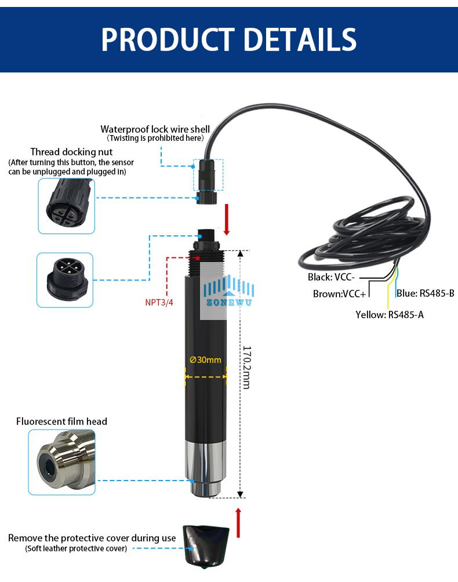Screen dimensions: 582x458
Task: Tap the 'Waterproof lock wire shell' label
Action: pyautogui.click(x=155, y=129)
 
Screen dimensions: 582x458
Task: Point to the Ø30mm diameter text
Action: pyautogui.click(x=205, y=359)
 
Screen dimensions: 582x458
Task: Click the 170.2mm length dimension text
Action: pyautogui.click(x=246, y=368)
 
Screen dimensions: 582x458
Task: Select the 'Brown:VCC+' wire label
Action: pyautogui.click(x=339, y=294)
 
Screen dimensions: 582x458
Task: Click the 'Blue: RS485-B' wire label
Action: pyautogui.click(x=425, y=293)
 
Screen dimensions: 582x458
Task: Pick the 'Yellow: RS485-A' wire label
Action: pyautogui.click(x=389, y=315)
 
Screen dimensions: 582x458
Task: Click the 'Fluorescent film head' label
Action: pyautogui.click(x=61, y=421)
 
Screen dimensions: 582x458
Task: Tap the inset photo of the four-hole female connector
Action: pyautogui.click(x=66, y=206)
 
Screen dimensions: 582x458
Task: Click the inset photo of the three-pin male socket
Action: pyautogui.click(x=64, y=279)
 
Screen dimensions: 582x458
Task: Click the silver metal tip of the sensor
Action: pyautogui.click(x=206, y=470)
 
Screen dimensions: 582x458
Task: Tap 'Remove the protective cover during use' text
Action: pyautogui.click(x=92, y=538)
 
